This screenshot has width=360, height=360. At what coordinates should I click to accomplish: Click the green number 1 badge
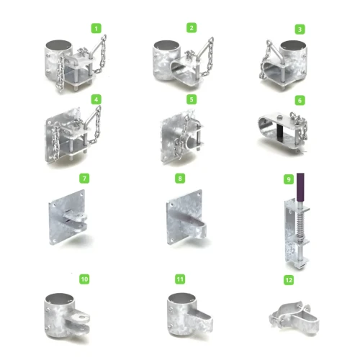96,28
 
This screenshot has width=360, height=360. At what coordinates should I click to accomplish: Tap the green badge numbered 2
192,27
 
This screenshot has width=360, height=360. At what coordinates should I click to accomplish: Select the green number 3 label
300,30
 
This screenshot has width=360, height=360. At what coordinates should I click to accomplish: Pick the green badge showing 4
96,99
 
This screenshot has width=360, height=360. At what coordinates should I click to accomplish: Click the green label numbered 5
192,99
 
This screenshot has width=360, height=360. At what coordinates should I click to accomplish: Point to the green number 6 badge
300,100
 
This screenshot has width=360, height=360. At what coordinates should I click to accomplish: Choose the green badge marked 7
84,179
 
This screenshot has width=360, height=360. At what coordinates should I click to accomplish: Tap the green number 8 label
180,179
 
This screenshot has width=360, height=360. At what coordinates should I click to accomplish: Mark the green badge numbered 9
289,179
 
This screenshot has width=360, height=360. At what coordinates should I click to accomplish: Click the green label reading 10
84,279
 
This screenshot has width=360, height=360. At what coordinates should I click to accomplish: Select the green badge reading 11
180,279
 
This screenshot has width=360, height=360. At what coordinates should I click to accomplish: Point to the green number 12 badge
289,280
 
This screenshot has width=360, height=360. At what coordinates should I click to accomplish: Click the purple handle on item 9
300,187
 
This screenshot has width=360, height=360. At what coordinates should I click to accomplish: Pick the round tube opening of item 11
182,298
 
